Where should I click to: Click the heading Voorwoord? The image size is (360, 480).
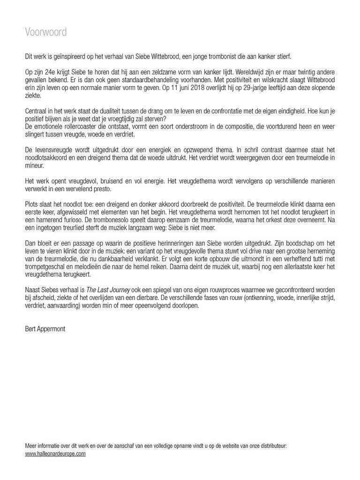45,32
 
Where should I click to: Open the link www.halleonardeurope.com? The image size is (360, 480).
55,454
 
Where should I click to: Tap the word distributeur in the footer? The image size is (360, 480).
271,446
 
